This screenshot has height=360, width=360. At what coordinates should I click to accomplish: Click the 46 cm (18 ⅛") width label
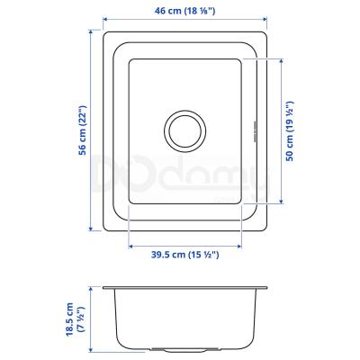point(184,11)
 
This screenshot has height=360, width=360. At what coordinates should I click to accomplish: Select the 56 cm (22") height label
point(82,130)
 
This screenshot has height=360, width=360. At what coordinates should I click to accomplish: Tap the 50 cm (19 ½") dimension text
point(290,131)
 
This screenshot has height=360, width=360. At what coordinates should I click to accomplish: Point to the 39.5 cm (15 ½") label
point(184,255)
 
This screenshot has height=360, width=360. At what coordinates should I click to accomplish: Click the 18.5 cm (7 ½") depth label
point(74,319)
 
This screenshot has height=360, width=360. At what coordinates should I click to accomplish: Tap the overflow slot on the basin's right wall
point(254,131)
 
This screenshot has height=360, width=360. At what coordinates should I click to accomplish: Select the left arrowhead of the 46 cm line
point(105,20)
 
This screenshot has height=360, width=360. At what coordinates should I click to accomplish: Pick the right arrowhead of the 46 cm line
point(265,20)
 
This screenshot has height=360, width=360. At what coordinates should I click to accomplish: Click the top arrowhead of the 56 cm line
point(91,31)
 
